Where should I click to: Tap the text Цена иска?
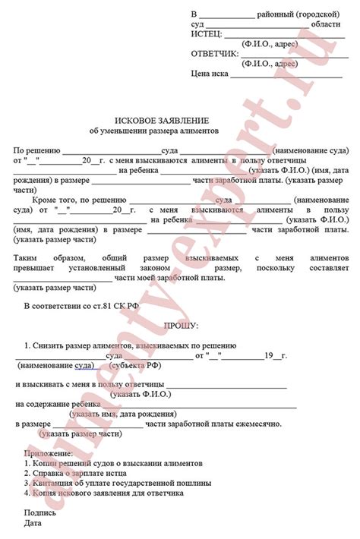tap(210, 74)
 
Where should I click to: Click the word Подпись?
tap(39, 512)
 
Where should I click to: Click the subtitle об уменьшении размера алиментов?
tap(161, 131)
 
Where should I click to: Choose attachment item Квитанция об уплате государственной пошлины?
tap(109, 482)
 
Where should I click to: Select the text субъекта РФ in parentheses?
tap(137, 365)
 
